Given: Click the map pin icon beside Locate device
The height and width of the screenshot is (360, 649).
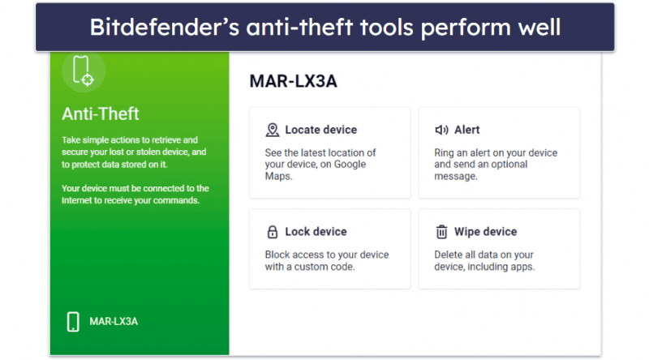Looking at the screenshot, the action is (273, 130).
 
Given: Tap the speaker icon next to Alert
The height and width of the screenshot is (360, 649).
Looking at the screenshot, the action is (441, 130).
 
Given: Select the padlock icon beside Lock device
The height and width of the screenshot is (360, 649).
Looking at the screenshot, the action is (273, 232).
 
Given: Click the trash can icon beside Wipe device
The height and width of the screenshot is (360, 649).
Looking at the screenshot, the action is (441, 232).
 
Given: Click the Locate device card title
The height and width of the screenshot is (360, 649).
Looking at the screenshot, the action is (320, 130).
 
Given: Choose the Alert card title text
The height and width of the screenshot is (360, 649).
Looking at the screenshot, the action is (467, 130).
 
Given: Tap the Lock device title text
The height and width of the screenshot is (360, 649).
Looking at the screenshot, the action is (316, 232).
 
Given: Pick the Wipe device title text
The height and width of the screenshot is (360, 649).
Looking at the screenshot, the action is (485, 232).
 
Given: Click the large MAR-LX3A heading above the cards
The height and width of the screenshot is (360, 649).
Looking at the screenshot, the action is (294, 81).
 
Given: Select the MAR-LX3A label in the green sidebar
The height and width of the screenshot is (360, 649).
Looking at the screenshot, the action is (114, 322).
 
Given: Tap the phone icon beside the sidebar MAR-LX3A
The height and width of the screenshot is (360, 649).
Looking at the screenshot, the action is (73, 322).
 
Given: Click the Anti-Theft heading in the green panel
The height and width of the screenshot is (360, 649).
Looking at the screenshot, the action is (101, 114).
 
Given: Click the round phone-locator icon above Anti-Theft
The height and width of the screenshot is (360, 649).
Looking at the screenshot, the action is (84, 71).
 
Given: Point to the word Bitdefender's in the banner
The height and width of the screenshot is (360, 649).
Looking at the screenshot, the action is (165, 28).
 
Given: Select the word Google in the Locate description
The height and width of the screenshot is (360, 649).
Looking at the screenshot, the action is (350, 165).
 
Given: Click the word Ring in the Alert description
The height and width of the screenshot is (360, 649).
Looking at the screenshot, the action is (444, 153).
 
